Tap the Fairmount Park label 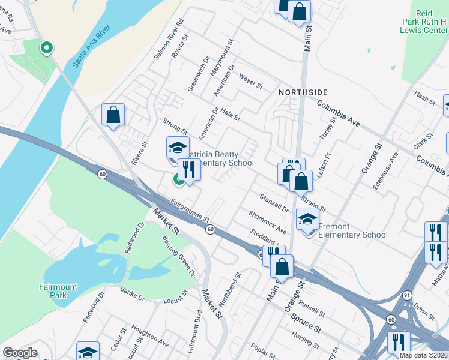tap(59, 291)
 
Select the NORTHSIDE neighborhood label tap(303, 92)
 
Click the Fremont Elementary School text tap(353, 231)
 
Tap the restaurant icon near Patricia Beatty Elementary tap(189, 169)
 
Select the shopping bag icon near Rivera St tap(113, 115)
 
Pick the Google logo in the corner tap(20, 353)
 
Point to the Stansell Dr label tap(274, 203)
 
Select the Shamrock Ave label tap(267, 222)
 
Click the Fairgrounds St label tap(189, 211)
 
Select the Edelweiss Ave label tap(385, 170)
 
